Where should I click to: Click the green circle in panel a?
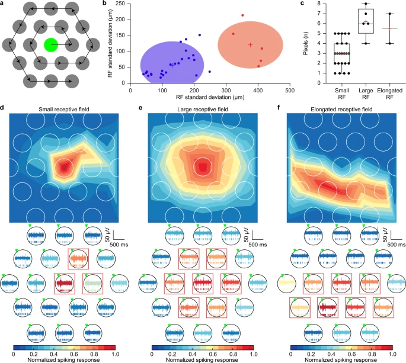51,43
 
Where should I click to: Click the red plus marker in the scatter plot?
250,45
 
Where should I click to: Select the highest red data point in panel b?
242,15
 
